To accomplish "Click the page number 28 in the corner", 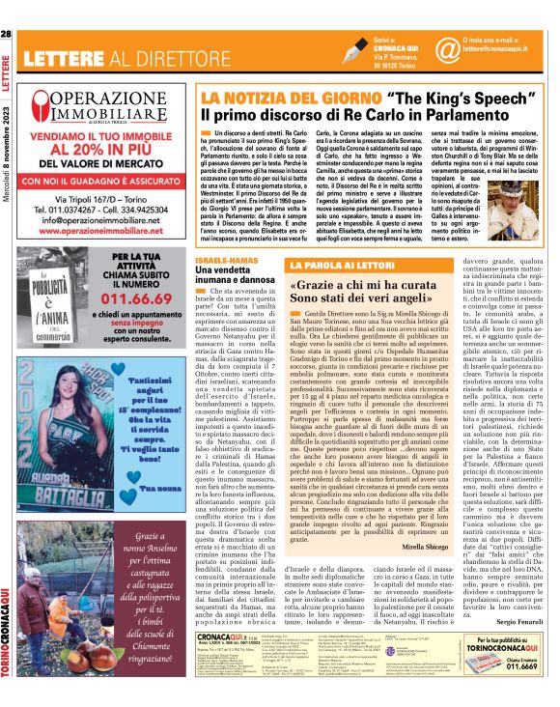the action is pyautogui.click(x=7, y=8).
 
